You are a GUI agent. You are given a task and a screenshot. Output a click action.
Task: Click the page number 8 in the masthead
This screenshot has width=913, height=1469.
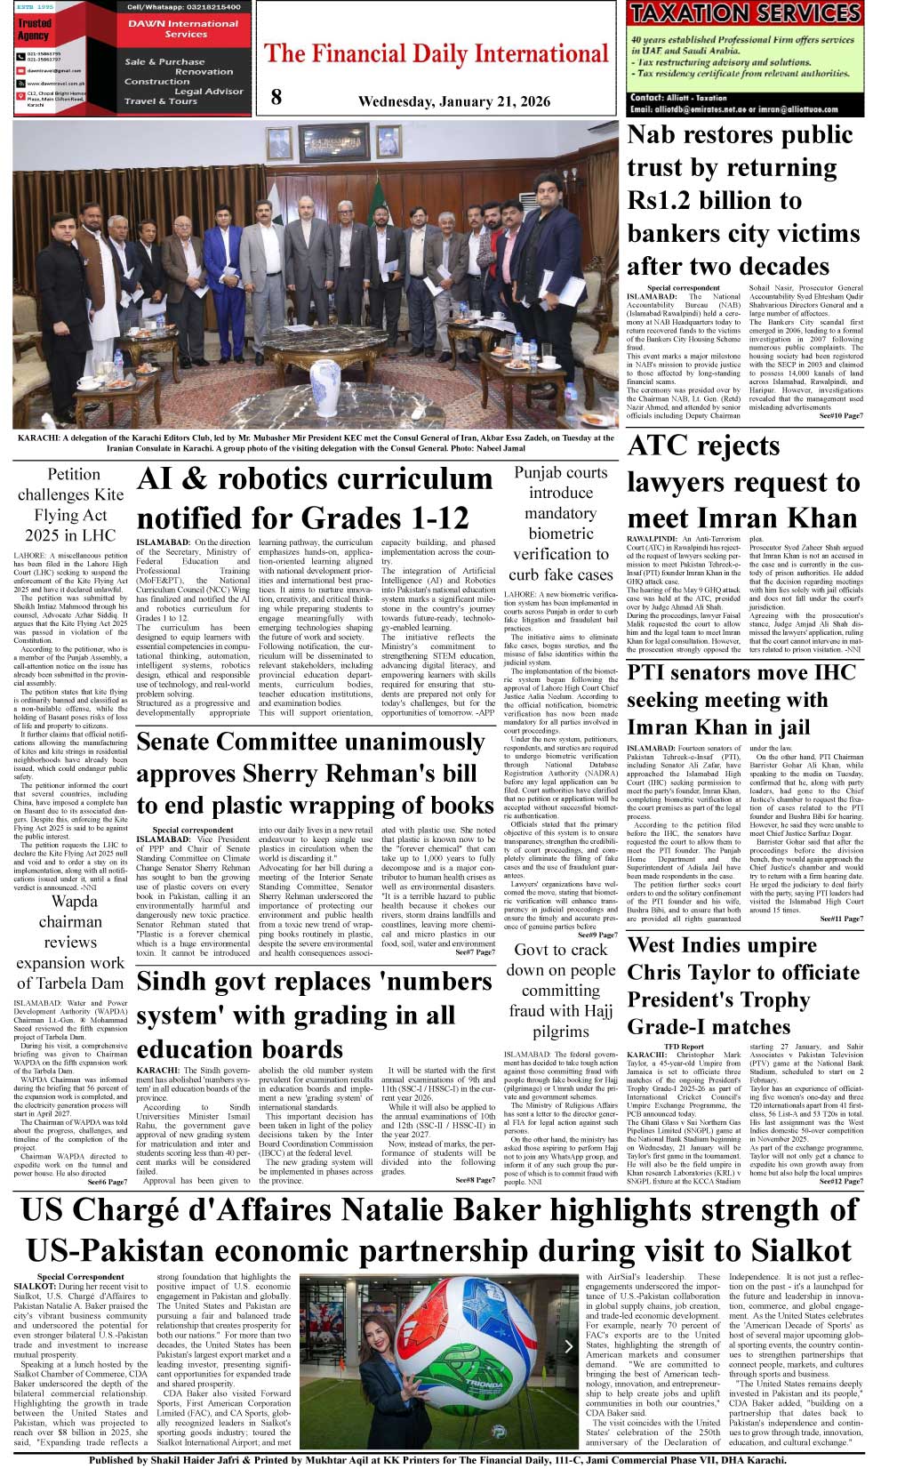[276, 97]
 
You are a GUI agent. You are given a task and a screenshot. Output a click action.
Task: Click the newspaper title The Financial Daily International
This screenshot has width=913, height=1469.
[436, 54]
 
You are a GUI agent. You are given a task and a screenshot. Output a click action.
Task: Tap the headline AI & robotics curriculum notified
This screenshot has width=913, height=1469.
[315, 498]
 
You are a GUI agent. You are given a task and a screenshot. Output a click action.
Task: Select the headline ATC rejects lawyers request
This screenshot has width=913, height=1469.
[743, 481]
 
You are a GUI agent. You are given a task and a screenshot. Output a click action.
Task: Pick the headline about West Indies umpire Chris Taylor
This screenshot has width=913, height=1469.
[743, 986]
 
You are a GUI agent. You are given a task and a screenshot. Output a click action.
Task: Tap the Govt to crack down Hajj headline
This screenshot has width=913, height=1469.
[560, 990]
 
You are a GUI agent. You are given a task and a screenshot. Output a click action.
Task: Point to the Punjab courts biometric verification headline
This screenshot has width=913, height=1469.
[560, 523]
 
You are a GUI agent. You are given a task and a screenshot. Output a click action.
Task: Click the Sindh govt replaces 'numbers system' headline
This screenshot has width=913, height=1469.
[314, 1015]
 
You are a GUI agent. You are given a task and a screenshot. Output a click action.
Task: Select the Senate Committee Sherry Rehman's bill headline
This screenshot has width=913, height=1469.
[315, 773]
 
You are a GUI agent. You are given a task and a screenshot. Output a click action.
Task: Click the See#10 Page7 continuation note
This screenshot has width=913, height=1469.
[840, 415]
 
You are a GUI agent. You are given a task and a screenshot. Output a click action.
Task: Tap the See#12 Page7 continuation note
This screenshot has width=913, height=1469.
[840, 1181]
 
